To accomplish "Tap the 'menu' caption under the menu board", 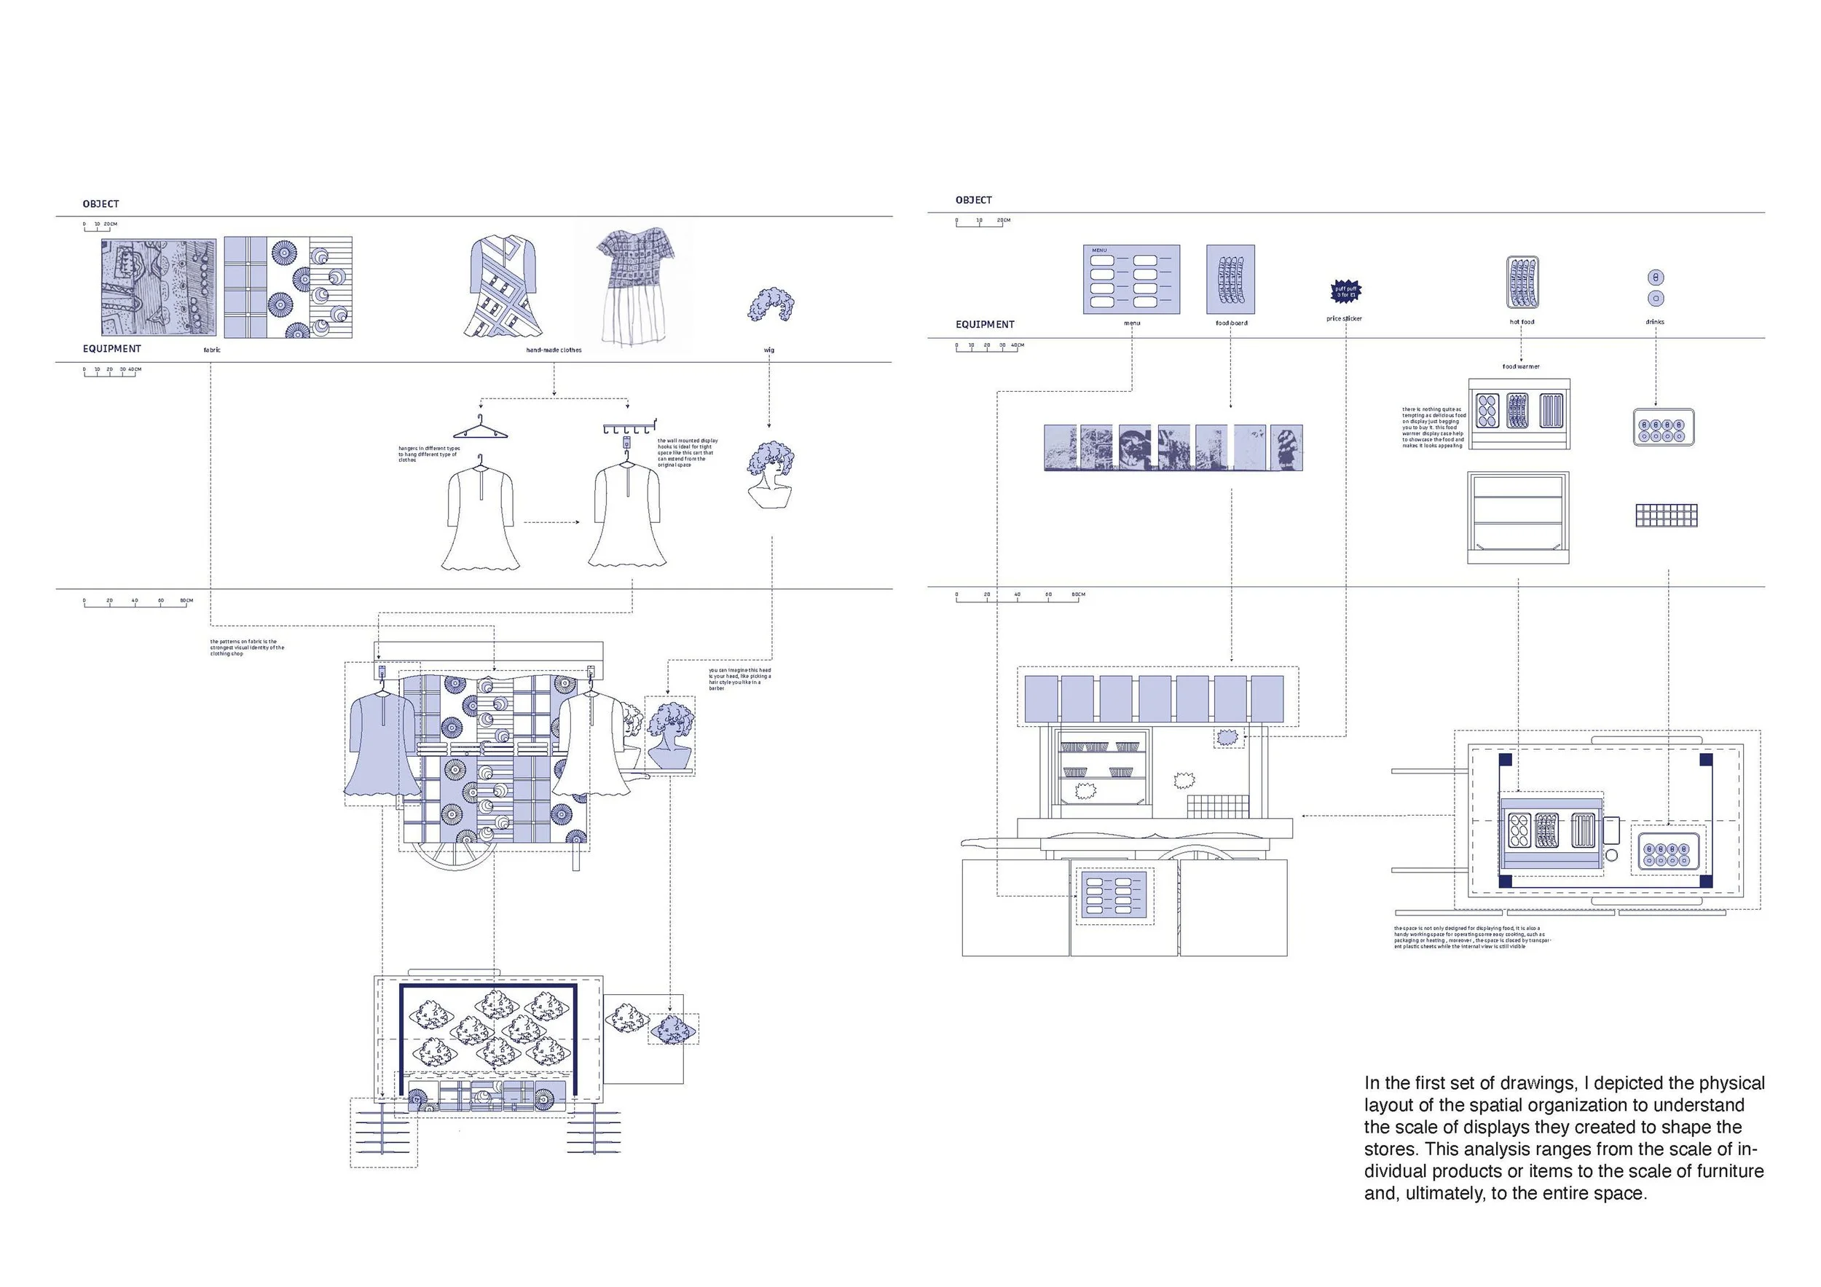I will point(1132,323).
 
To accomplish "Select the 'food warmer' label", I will point(1520,366).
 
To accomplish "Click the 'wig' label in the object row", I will point(768,350).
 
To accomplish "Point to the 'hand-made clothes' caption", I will point(554,350).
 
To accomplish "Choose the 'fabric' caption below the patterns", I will point(212,350).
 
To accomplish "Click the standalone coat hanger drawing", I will point(480,429).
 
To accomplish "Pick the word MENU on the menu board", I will point(1099,251).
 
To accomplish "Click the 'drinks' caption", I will point(1654,322).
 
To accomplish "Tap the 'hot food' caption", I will point(1521,322).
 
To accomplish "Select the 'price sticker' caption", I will point(1344,319).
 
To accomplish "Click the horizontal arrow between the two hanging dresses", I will point(551,522).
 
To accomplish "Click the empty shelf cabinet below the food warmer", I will point(1518,517).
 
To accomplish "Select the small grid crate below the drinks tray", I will point(1667,516).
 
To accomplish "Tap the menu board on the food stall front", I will point(1114,896).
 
